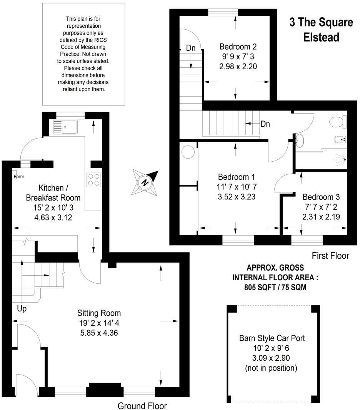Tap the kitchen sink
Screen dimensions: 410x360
65,127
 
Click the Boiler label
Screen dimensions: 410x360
19,177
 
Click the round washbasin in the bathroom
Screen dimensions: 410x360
300,141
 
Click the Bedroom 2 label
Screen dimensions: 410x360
238,47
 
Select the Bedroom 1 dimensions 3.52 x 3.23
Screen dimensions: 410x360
236,196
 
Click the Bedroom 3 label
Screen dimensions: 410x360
321,196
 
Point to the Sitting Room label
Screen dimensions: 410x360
99,313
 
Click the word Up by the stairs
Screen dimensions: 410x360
22,308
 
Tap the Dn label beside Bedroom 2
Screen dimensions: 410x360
191,48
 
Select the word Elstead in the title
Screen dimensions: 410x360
321,37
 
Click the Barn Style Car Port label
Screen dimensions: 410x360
272,338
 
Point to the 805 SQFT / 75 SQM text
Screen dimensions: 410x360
275,287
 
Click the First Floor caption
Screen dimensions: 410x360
330,255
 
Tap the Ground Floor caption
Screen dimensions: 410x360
142,405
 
